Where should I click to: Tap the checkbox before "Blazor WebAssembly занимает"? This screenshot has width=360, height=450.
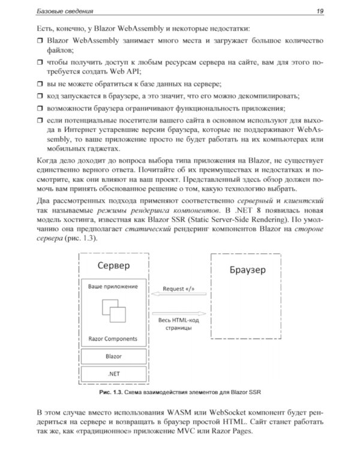coord(40,40)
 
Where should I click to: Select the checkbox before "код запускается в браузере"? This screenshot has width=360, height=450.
coord(40,96)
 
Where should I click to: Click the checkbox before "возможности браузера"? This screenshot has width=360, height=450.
coord(40,109)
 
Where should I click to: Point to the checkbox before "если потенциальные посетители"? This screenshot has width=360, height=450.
coord(40,122)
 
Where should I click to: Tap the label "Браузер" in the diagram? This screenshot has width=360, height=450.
coord(247,270)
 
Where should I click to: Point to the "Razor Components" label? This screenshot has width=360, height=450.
coord(112,338)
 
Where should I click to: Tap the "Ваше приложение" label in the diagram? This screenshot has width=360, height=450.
coord(113,286)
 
